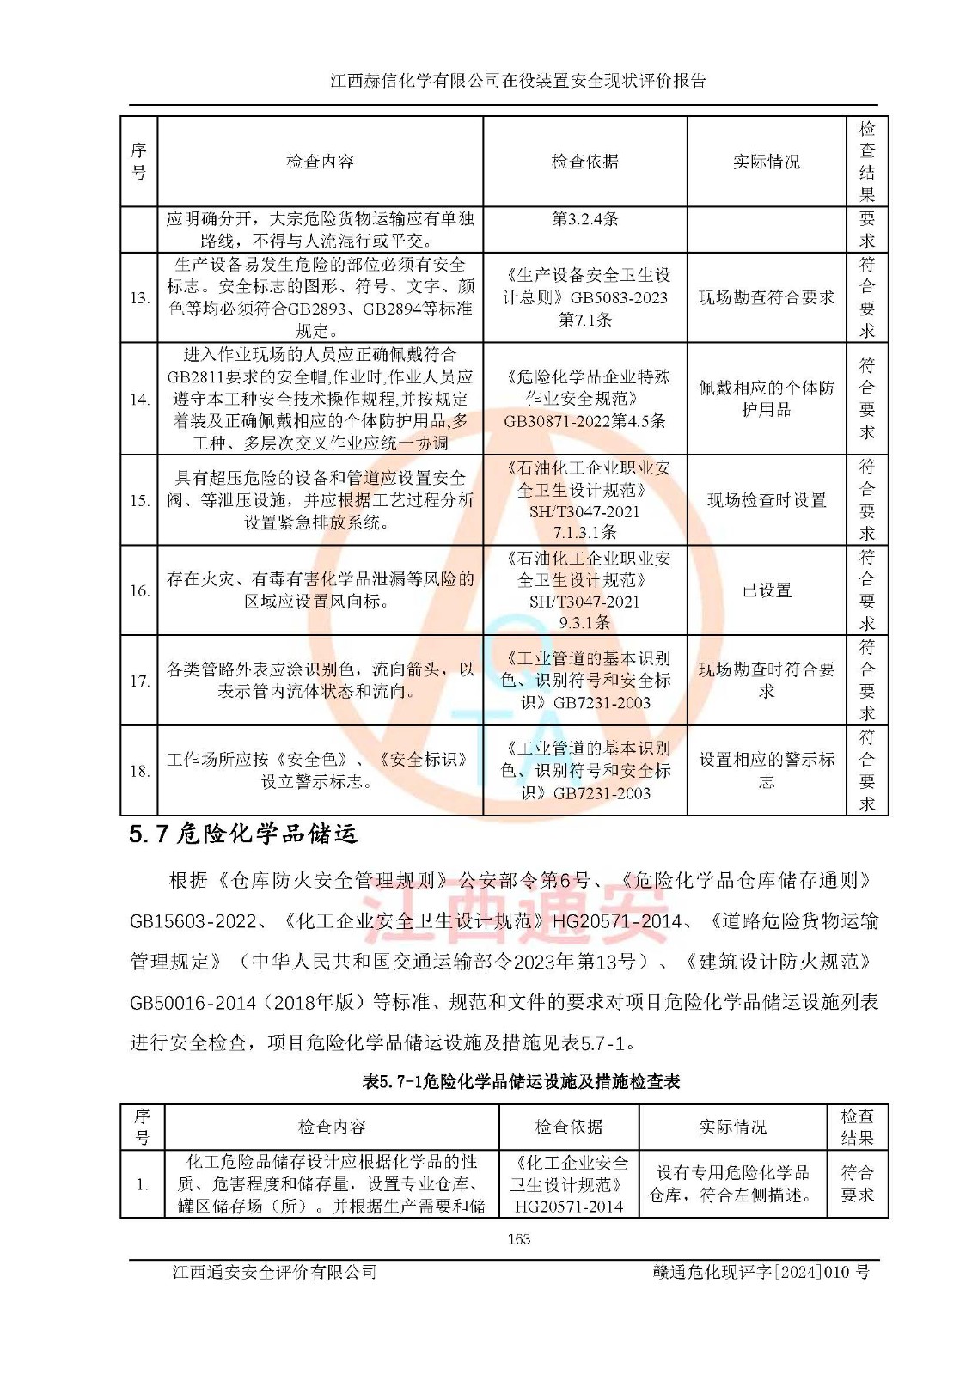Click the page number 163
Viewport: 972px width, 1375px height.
[518, 1238]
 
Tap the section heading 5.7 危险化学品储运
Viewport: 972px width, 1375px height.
[242, 834]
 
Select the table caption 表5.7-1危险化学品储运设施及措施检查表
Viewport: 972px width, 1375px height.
[521, 1081]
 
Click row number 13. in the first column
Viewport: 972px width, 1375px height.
[139, 298]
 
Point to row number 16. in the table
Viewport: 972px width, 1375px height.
[139, 590]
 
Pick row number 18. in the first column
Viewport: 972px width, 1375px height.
[139, 771]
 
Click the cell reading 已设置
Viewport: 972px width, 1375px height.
[766, 590]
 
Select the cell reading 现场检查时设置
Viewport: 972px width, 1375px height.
[766, 500]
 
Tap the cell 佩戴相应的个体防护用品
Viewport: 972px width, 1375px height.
[766, 399]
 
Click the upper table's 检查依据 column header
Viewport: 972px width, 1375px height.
[584, 162]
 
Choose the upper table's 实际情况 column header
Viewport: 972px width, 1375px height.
[766, 162]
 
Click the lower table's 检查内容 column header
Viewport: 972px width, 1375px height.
[332, 1127]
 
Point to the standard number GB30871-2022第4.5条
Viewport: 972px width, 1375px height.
[584, 421]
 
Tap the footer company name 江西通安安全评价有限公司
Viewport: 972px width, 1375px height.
[274, 1272]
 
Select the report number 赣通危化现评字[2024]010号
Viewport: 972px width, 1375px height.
[761, 1272]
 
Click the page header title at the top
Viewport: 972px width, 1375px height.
[518, 81]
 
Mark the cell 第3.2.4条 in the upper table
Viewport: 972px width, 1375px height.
[584, 219]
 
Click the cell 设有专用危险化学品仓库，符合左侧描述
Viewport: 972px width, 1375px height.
[732, 1183]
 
